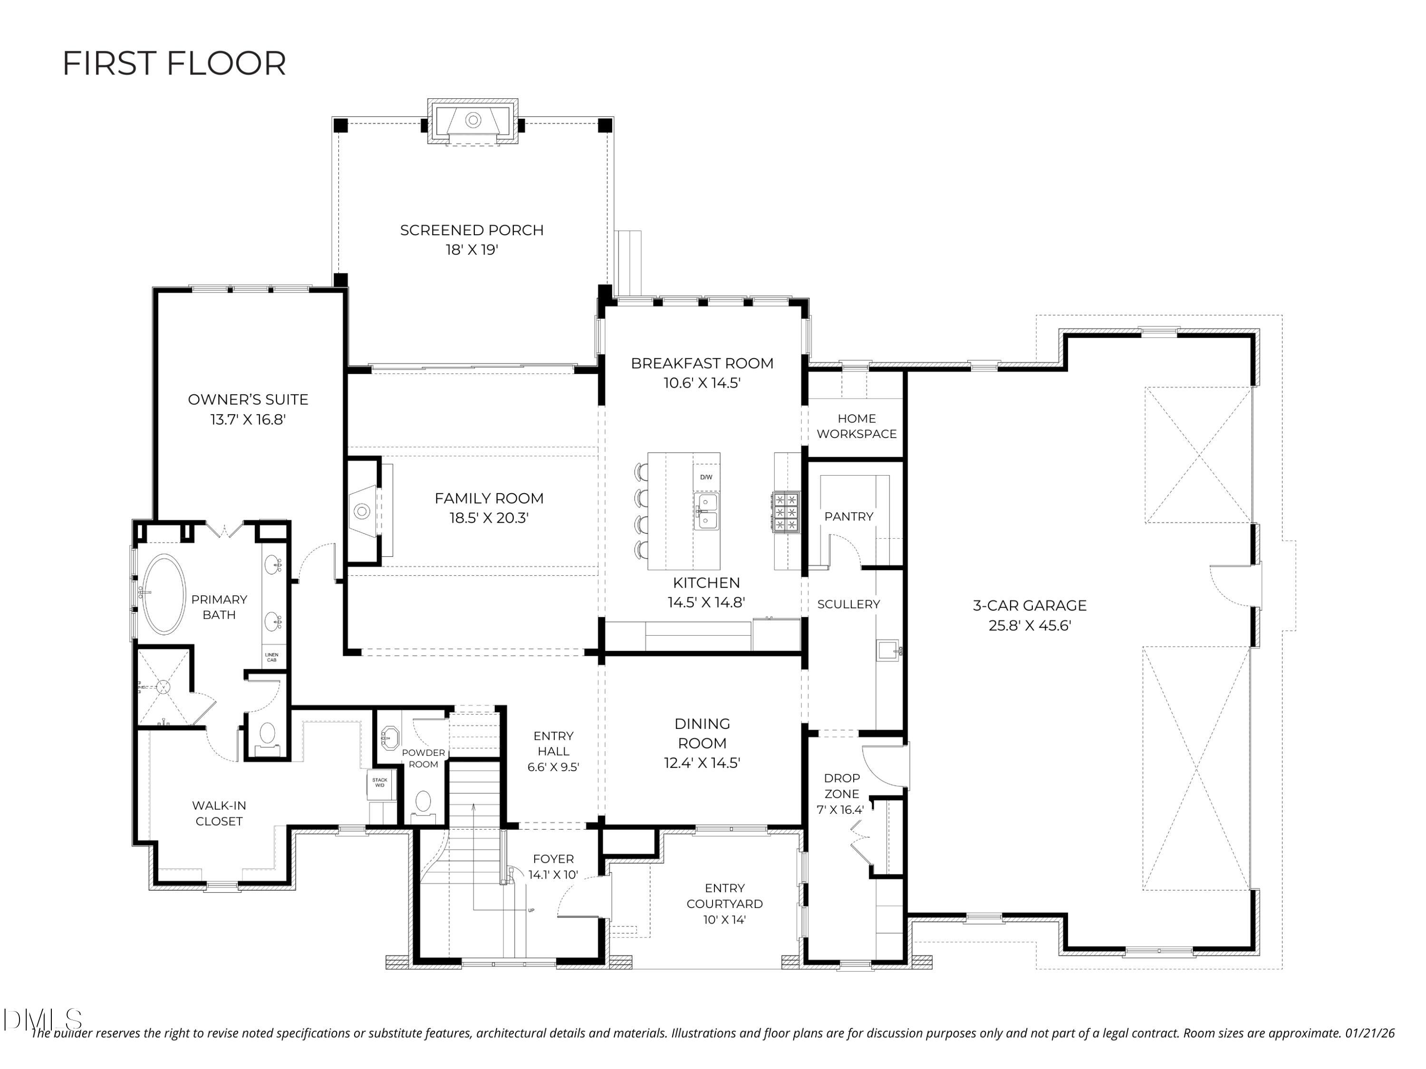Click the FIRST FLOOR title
(174, 64)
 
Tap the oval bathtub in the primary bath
(164, 593)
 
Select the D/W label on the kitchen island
(706, 477)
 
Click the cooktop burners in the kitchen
(786, 512)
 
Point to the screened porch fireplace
(472, 121)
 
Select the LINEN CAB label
(271, 657)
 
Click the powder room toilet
(423, 803)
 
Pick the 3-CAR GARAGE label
(1030, 606)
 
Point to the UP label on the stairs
(531, 910)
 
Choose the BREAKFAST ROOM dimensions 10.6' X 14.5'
(702, 383)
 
